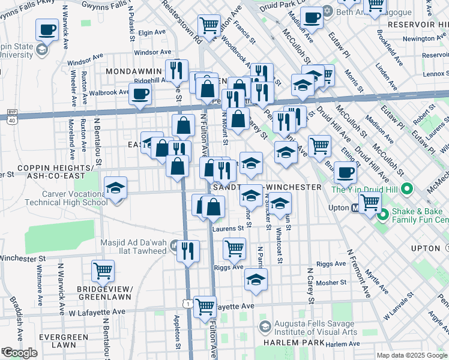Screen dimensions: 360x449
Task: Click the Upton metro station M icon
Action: tap(355, 208)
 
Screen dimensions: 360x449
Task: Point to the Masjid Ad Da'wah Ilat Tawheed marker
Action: tap(173, 245)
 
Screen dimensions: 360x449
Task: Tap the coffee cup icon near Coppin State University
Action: tap(47, 29)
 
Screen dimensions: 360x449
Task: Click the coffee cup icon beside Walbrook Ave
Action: tap(140, 94)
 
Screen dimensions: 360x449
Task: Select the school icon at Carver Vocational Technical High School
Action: tap(115, 188)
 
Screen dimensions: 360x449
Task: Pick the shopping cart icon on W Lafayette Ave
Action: tap(205, 306)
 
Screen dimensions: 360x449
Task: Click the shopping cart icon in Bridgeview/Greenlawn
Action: tap(103, 271)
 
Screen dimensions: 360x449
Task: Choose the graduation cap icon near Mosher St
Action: tap(256, 279)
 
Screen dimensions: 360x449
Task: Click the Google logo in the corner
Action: tap(20, 353)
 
